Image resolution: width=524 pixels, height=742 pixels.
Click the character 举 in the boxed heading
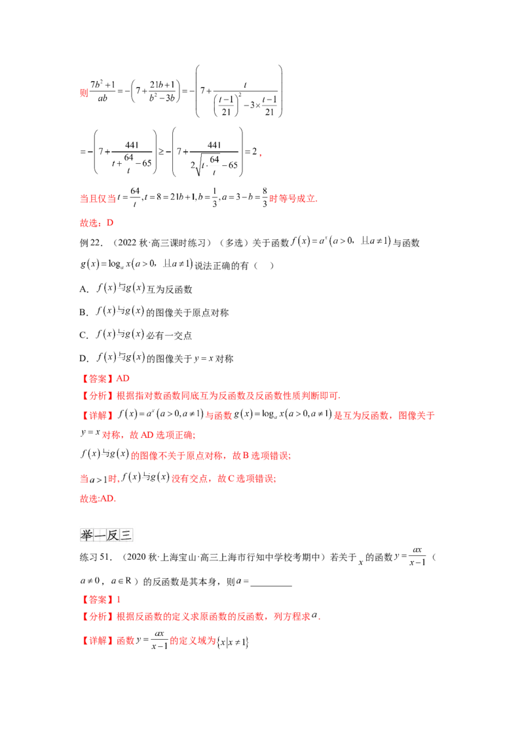(86, 536)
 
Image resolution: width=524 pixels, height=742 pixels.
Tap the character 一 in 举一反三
(100, 536)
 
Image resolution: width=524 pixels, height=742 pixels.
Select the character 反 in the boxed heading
(113, 536)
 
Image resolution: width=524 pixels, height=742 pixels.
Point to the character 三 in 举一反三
(126, 536)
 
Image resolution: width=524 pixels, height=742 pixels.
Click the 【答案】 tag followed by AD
(96, 378)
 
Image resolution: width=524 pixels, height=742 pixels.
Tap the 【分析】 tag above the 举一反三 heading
(96, 395)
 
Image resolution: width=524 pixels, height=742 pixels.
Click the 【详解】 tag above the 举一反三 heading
(96, 415)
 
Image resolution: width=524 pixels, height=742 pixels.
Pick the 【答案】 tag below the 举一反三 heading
(96, 598)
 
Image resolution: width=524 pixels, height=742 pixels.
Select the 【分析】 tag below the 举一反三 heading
(96, 617)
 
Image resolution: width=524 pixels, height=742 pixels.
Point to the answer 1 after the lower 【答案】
(118, 598)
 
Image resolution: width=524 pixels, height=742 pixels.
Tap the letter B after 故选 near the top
(110, 223)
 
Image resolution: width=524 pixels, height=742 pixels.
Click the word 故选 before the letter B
(90, 223)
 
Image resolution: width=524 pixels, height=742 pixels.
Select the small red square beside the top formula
(83, 93)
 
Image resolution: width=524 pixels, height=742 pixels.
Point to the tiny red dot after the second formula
(260, 155)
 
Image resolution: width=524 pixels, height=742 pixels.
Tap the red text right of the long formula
(293, 198)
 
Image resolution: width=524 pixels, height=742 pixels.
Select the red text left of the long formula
(97, 198)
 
